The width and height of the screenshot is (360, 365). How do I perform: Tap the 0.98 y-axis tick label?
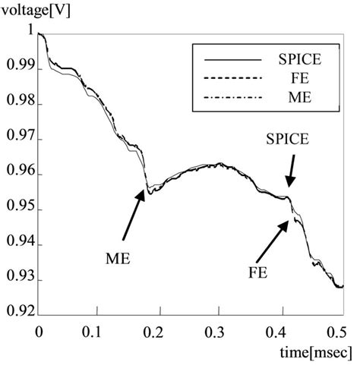[17, 104]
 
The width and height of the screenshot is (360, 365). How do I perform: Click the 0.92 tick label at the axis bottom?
[17, 310]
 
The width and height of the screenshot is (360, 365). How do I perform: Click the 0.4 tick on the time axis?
[280, 332]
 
